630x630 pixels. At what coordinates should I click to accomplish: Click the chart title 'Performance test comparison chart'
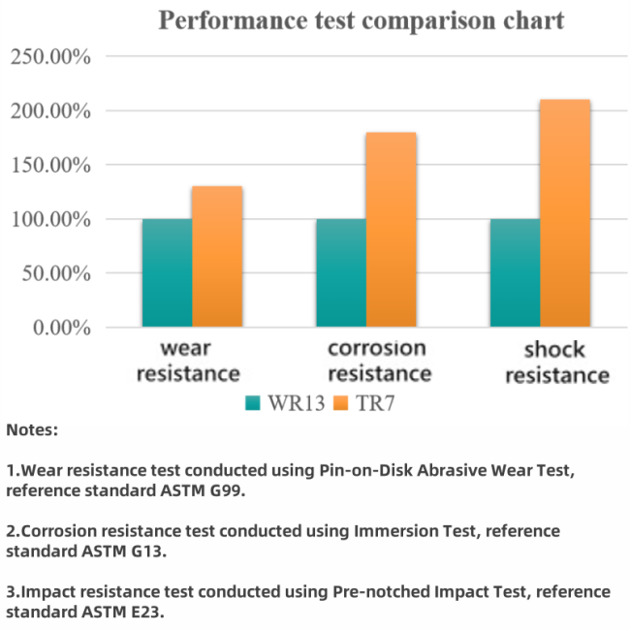point(362,20)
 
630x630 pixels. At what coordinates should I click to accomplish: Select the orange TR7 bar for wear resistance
point(217,257)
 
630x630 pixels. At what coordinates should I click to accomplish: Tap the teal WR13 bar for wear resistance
point(167,273)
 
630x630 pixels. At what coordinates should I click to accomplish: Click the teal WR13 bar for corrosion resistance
point(341,273)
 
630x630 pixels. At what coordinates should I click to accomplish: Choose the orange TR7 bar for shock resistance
point(565,214)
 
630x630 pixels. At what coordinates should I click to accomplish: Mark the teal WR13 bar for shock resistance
point(515,273)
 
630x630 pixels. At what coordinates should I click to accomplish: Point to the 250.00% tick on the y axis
point(50,57)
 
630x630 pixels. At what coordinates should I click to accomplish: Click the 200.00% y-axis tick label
point(50,111)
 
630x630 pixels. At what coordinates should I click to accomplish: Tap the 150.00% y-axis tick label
point(50,166)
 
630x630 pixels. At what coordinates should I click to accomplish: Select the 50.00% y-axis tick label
point(55,273)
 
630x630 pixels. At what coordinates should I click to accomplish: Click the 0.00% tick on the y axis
point(61,328)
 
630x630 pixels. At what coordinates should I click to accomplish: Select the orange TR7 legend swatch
point(340,402)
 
